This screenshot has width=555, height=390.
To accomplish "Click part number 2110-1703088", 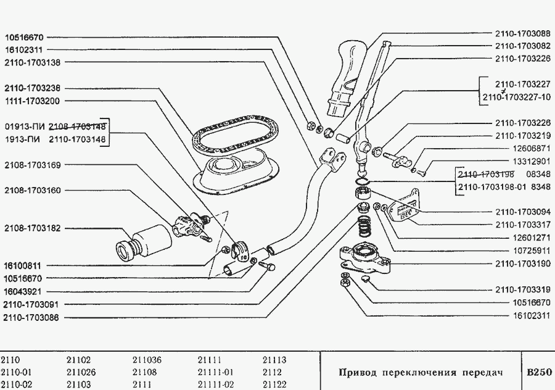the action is pyautogui.click(x=523, y=34).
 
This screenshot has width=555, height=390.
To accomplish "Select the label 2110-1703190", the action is pyautogui.click(x=523, y=263).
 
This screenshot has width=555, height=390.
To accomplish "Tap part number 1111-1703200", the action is pyautogui.click(x=32, y=101).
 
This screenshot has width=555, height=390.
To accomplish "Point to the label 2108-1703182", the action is pyautogui.click(x=32, y=228).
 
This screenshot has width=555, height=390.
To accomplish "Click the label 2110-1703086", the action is pyautogui.click(x=31, y=318).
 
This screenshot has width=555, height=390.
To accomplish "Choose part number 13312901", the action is pyautogui.click(x=532, y=162).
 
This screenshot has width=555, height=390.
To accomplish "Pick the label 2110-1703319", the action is pyautogui.click(x=523, y=290).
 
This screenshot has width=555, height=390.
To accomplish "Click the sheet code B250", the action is pyautogui.click(x=539, y=372).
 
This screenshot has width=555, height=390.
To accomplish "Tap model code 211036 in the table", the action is pyautogui.click(x=147, y=360).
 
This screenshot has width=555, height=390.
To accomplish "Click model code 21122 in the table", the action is pyautogui.click(x=274, y=384).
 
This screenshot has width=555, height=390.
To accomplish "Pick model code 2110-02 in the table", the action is pyautogui.click(x=12, y=384).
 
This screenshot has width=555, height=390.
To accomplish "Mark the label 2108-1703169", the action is pyautogui.click(x=32, y=165).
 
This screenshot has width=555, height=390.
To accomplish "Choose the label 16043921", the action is pyautogui.click(x=22, y=292).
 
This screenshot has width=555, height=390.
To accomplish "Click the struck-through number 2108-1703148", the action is pyautogui.click(x=77, y=127).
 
